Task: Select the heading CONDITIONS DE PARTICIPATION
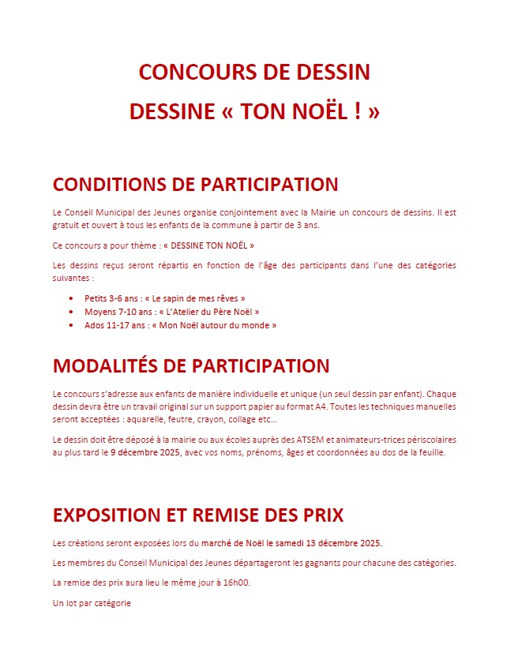tap(195, 185)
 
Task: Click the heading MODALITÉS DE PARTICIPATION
tap(191, 366)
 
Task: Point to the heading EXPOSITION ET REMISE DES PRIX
tap(198, 515)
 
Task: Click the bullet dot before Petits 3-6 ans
tap(72, 299)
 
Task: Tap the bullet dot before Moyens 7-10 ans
tap(72, 312)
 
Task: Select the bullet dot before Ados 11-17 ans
tap(72, 325)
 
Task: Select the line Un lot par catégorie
tap(92, 603)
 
